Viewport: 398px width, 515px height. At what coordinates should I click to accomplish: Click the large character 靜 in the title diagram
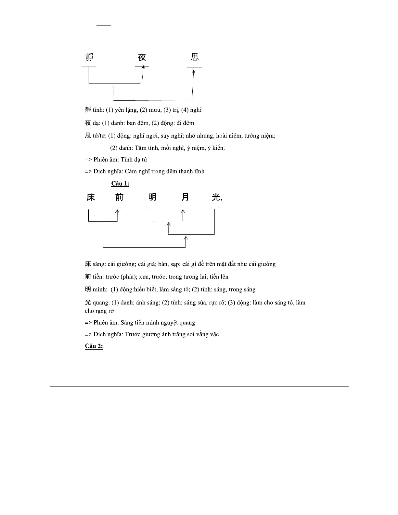[89, 58]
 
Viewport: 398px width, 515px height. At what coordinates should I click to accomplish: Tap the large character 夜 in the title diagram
[142, 58]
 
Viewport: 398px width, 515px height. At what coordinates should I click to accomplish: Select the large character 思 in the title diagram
[195, 58]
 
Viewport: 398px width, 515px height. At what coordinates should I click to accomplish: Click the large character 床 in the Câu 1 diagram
[91, 197]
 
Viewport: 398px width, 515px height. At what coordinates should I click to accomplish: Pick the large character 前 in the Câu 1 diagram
[119, 197]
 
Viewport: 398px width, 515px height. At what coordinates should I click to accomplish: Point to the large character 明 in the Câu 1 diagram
[152, 197]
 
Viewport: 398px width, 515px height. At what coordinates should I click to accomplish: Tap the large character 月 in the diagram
[185, 197]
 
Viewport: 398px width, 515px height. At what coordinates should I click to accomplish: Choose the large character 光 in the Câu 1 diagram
[216, 197]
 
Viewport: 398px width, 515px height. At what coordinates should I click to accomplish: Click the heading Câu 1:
[120, 184]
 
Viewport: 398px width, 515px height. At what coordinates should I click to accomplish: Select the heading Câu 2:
[94, 346]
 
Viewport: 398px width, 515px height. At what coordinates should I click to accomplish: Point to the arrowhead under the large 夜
[143, 67]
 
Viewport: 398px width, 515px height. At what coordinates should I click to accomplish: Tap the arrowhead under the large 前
[117, 211]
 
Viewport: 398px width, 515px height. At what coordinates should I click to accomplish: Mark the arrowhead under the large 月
[183, 211]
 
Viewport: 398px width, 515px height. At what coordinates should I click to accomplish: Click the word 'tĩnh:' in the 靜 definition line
[98, 110]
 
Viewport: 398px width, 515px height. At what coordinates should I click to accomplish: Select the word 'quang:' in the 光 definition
[101, 303]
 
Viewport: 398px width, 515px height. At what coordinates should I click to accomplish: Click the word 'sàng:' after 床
[99, 264]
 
